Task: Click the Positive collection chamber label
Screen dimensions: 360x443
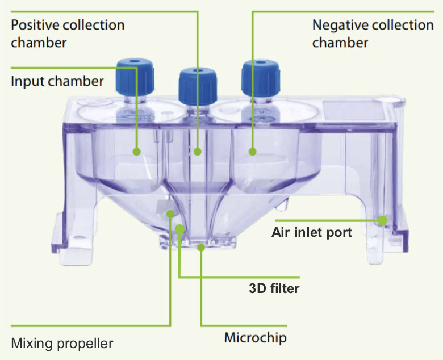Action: pos(68,34)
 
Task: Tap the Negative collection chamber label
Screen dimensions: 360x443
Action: pos(373,34)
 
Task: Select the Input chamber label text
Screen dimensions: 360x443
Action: pos(57,81)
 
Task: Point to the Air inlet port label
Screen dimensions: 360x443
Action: pos(312,232)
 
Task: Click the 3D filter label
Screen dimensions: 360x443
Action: pos(274,288)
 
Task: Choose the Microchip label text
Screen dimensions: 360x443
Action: pos(255,338)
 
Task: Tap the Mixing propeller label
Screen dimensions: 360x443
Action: pos(62,344)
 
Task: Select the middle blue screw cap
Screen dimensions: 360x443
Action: pos(195,85)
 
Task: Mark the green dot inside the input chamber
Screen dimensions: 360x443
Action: pos(136,152)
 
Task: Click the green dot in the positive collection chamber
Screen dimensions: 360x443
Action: pos(197,152)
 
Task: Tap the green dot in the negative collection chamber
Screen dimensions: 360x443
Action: pos(253,152)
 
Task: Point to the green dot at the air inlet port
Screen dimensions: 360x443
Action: pos(382,219)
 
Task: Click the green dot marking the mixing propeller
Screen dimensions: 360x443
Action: pos(170,214)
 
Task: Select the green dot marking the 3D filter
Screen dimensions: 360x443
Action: pos(179,228)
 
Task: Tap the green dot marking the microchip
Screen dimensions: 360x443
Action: pos(201,247)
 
